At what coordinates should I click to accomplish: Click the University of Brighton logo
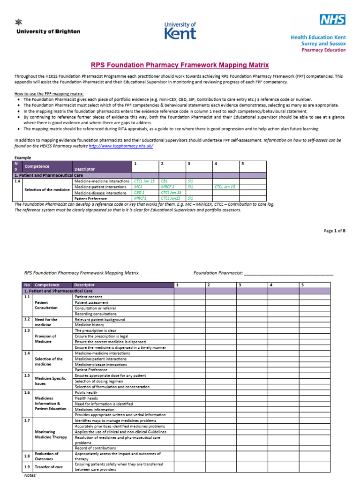(x=48, y=29)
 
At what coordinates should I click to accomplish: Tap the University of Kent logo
(x=180, y=30)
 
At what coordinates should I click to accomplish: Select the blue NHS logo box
(x=333, y=19)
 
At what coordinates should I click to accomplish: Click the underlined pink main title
(x=180, y=65)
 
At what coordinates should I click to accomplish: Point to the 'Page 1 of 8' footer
(x=334, y=231)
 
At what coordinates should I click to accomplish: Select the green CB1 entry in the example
(x=165, y=180)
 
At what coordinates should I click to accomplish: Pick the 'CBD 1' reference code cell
(x=139, y=192)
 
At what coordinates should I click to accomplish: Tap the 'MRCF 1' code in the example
(x=167, y=187)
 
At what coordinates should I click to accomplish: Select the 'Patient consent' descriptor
(x=89, y=297)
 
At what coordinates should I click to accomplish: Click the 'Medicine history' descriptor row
(x=90, y=325)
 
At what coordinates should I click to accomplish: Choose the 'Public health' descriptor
(x=87, y=392)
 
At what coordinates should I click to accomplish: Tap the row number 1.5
(x=27, y=375)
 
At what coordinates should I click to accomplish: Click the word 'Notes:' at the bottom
(x=30, y=475)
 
